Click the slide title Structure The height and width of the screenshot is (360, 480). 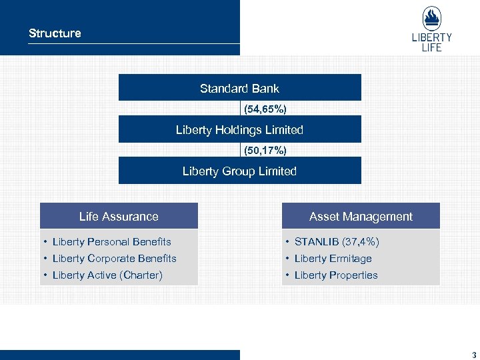55,33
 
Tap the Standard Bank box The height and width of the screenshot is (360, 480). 239,88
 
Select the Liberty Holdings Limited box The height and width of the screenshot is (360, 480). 239,130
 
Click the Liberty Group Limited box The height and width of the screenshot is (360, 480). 239,171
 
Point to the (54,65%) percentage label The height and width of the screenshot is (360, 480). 265,109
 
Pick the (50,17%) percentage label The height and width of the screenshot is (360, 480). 265,151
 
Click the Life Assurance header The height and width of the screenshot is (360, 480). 119,217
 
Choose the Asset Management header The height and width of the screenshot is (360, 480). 361,217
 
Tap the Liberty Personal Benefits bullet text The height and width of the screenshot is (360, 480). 111,242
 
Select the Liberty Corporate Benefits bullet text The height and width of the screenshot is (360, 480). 114,259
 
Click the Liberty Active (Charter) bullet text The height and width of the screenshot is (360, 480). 107,275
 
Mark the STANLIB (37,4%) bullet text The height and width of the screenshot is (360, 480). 337,242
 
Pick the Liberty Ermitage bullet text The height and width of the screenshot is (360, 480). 333,259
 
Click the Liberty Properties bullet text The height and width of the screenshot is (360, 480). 336,275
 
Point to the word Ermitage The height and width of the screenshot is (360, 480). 351,259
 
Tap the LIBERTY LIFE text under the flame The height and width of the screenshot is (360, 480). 431,43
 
